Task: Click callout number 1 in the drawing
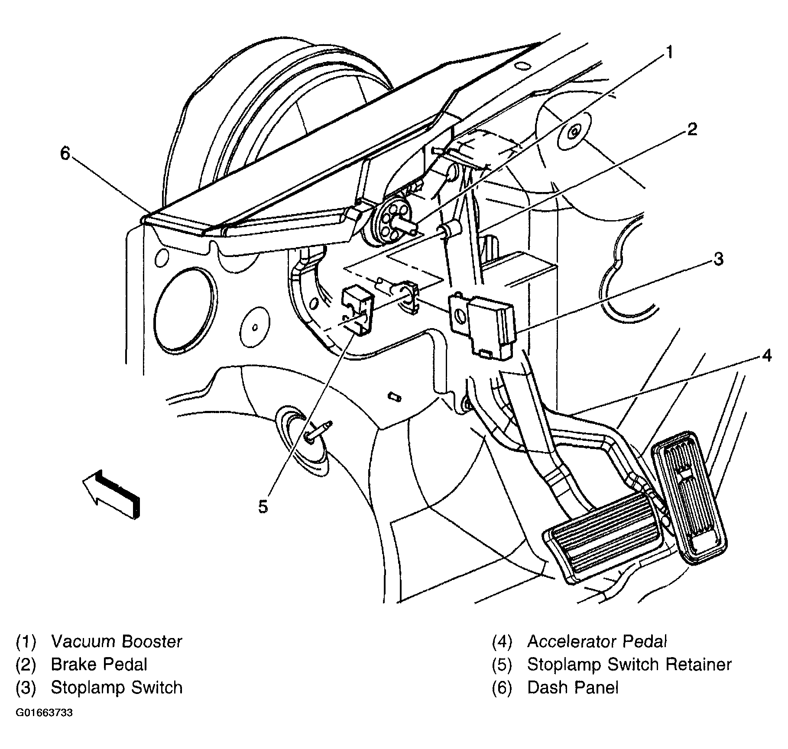(669, 52)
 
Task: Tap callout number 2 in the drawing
(692, 129)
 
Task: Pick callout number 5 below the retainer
(263, 506)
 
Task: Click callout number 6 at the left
(65, 153)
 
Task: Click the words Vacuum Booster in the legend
(117, 642)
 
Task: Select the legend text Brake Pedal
(99, 664)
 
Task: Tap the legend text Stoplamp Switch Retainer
(629, 664)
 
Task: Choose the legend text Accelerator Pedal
(597, 642)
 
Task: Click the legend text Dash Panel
(573, 687)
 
